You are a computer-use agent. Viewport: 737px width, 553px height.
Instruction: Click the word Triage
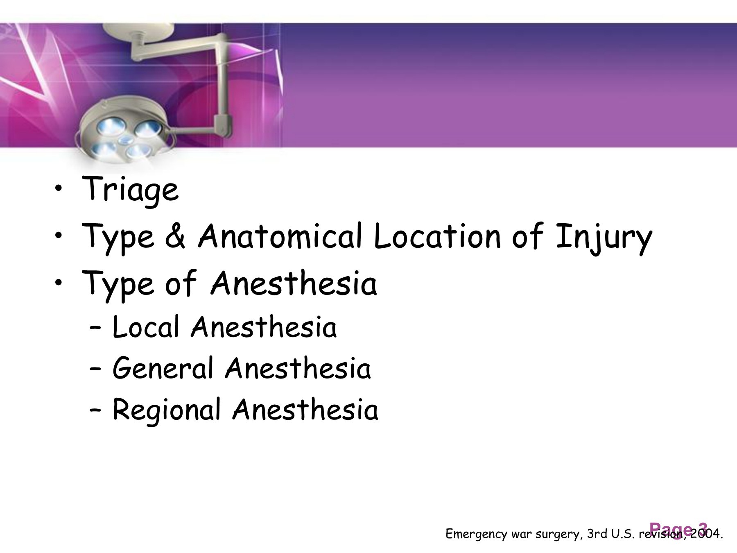pyautogui.click(x=130, y=189)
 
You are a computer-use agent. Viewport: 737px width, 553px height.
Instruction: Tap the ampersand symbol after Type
pyautogui.click(x=175, y=236)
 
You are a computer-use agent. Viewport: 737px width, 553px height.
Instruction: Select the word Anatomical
pyautogui.click(x=280, y=236)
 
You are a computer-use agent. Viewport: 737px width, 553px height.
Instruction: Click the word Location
pyautogui.click(x=437, y=236)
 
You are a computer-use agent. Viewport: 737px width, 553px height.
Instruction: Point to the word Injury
pyautogui.click(x=604, y=238)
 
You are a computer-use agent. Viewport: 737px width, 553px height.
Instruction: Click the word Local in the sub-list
pyautogui.click(x=146, y=327)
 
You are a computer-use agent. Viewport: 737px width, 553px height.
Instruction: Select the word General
pyautogui.click(x=163, y=368)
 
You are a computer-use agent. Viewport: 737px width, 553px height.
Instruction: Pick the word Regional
pyautogui.click(x=166, y=410)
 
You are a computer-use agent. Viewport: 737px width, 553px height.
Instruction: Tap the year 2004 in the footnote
pyautogui.click(x=705, y=534)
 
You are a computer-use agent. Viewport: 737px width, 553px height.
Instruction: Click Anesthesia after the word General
pyautogui.click(x=298, y=368)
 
